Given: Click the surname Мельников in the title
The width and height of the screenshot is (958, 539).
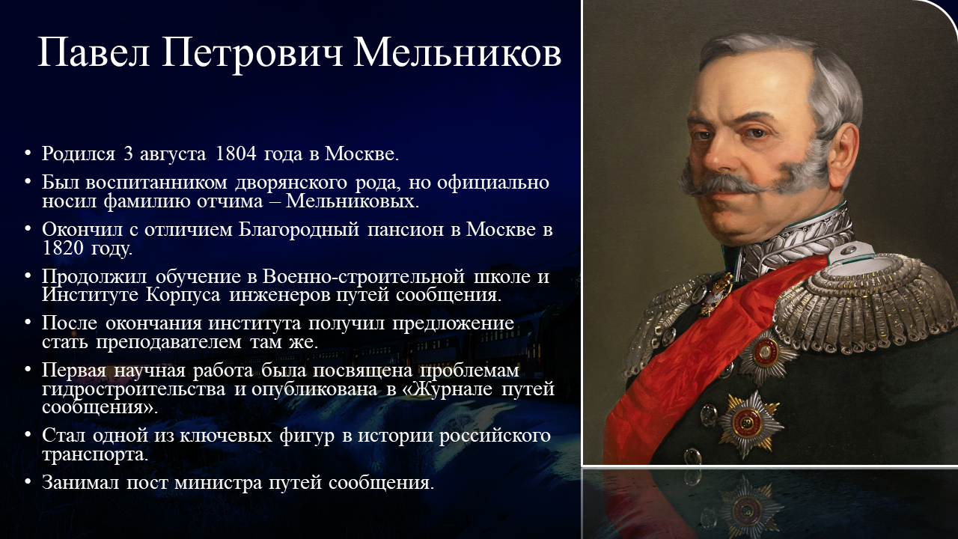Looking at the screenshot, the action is tap(457, 53).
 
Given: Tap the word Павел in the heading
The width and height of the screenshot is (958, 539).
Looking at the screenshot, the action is tap(94, 53).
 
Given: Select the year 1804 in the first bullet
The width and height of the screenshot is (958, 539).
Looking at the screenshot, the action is tap(236, 154).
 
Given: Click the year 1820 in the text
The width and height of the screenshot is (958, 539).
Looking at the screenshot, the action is tap(63, 248).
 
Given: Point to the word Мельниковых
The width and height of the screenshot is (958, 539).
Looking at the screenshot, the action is tap(353, 201).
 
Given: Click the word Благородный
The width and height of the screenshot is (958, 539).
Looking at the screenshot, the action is tap(299, 230).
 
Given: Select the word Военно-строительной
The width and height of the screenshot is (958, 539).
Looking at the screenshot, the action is tap(364, 277).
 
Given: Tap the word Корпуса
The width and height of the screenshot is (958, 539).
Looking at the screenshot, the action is tap(183, 296).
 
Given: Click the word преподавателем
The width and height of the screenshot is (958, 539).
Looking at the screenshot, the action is tap(168, 342).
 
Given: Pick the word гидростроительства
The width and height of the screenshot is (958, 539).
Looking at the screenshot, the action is tap(133, 389).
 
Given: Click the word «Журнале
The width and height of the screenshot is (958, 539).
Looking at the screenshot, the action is tap(448, 389).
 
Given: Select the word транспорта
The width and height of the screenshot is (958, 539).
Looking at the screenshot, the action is tap(95, 454).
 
